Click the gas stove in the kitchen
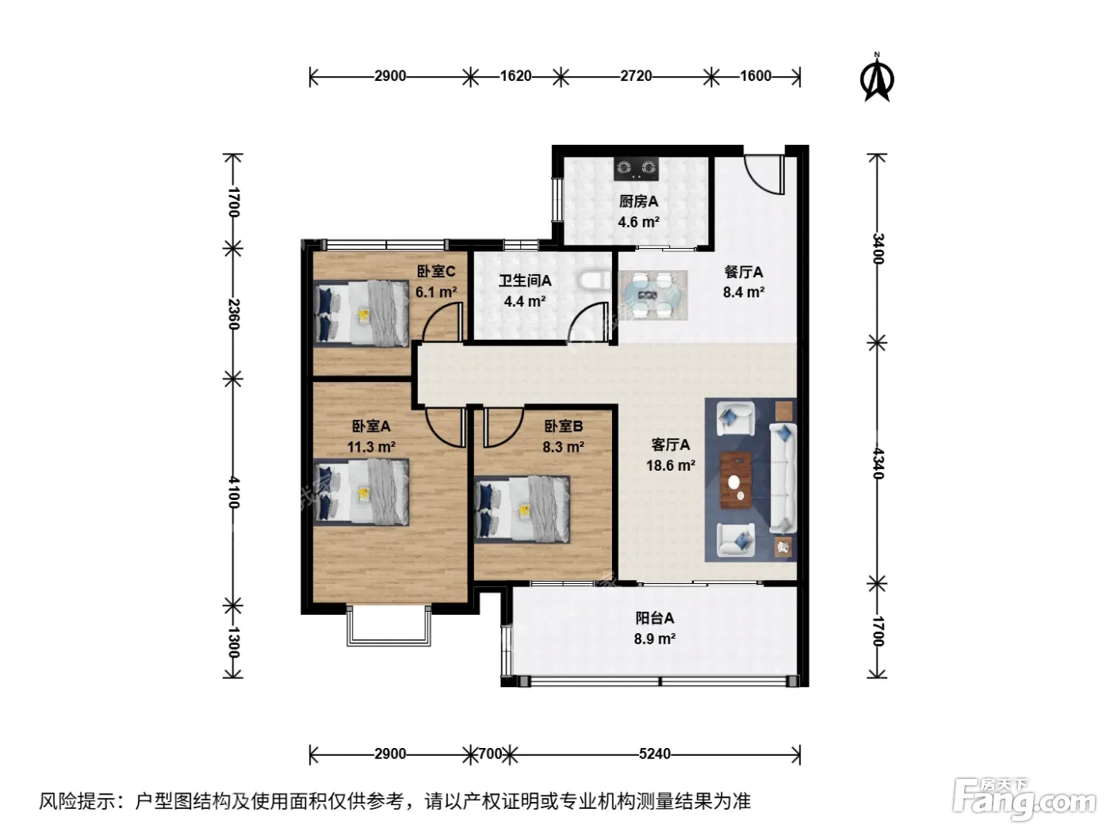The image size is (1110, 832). click(636, 168)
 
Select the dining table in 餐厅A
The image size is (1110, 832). click(653, 296)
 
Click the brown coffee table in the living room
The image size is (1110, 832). click(736, 479)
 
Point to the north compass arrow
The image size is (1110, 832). click(877, 80)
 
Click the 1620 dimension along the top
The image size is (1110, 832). click(516, 76)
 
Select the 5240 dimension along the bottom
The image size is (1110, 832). click(654, 754)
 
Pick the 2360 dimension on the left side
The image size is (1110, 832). click(233, 315)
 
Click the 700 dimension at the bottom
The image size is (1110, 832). click(490, 754)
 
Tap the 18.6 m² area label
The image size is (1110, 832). click(671, 465)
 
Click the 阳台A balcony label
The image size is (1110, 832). click(654, 618)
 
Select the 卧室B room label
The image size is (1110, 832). click(564, 426)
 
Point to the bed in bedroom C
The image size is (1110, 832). click(361, 314)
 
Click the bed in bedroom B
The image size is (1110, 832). click(522, 510)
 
